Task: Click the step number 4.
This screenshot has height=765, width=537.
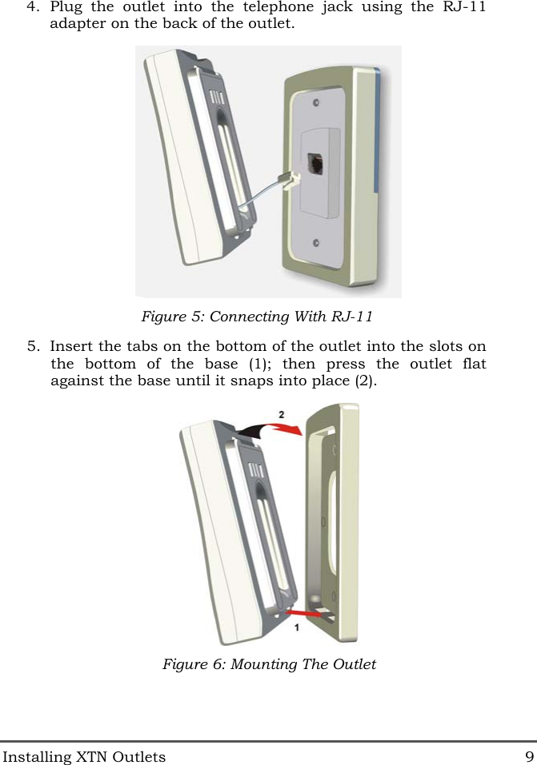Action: point(31,7)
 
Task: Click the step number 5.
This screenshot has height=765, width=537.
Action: point(31,347)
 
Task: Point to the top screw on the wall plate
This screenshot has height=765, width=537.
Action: point(317,104)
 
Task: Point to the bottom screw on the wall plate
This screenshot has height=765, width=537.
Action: point(317,242)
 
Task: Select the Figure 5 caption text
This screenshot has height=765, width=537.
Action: point(257,317)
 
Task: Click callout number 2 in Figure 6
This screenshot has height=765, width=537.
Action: point(280,414)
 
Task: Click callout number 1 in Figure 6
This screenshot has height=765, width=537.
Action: point(296,628)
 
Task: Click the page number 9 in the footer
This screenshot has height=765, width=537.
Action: point(529,756)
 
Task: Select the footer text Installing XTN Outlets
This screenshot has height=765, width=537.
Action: point(83,756)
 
